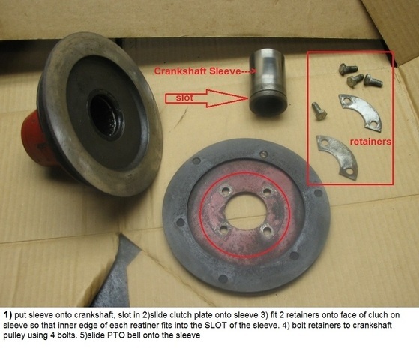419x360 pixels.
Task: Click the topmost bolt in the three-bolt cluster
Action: (346, 69)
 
